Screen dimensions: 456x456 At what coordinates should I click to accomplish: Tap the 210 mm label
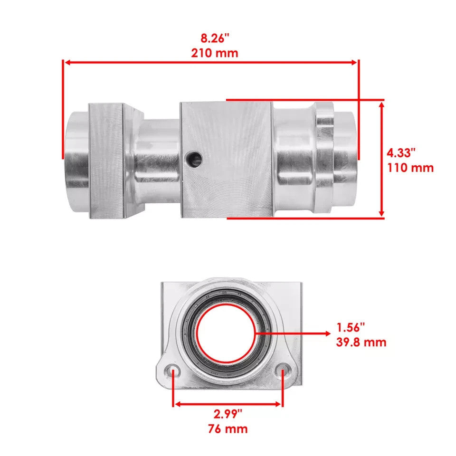215,53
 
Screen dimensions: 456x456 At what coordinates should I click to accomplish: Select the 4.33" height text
401,153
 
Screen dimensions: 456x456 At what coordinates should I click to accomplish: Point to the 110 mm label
410,168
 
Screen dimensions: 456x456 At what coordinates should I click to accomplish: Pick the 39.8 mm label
361,342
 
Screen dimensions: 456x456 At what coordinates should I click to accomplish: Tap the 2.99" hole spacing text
227,413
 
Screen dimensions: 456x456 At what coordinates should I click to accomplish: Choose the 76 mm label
227,429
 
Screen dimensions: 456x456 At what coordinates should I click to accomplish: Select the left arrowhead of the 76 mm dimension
177,404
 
